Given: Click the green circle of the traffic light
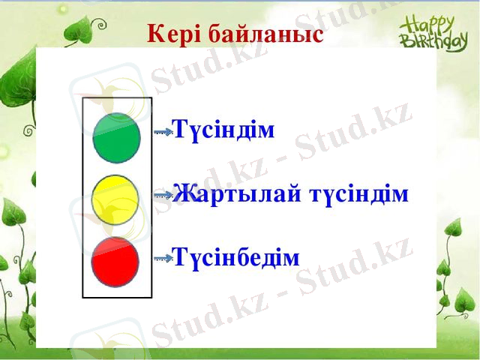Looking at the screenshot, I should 116,138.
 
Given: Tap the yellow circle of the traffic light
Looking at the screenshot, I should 115,199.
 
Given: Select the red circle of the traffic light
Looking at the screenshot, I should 115,260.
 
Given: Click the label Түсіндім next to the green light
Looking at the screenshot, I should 224,130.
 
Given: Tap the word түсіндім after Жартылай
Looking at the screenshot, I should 359,194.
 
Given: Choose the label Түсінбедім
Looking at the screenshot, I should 236,257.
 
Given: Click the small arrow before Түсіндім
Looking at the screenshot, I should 163,131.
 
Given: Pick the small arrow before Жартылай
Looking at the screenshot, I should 163,195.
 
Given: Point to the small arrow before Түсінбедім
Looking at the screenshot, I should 163,258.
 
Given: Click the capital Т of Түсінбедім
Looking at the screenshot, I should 180,257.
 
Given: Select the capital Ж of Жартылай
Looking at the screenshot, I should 182,194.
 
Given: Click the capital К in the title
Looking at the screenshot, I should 155,34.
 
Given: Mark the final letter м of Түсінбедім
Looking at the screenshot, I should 292,259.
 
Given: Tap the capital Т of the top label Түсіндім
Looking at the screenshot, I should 180,130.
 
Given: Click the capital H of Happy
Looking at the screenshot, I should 406,21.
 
